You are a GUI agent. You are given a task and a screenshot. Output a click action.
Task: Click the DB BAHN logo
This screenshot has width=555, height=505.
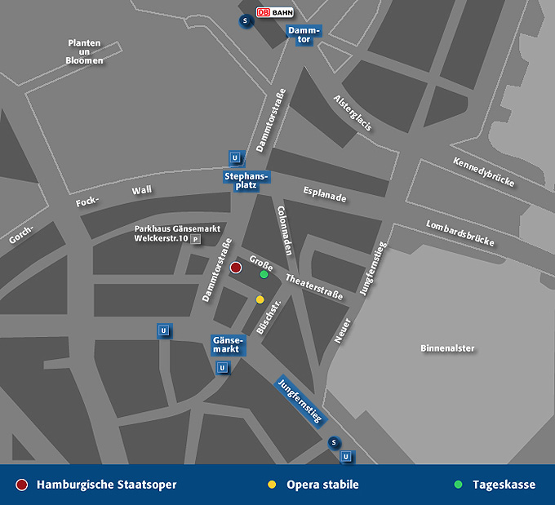[x=275, y=12]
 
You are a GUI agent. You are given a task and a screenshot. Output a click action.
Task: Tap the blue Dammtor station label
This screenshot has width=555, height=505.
[x=304, y=35]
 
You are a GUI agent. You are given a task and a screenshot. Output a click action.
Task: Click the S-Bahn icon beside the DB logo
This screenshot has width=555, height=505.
[x=244, y=21]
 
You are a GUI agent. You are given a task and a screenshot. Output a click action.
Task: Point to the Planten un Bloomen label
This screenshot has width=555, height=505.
[x=85, y=51]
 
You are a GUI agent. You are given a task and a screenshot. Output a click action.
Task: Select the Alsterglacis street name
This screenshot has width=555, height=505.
[x=353, y=113]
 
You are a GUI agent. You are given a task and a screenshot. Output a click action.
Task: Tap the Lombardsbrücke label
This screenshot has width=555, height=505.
[x=460, y=233]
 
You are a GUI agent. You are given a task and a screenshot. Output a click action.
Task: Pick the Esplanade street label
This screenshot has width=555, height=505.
[x=324, y=197]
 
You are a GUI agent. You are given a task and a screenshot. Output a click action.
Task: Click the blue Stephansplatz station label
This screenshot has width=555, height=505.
[x=246, y=180]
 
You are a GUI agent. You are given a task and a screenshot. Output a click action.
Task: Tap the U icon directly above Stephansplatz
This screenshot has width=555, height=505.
[x=235, y=158]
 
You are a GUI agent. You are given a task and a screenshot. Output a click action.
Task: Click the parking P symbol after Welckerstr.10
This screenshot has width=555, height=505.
[x=196, y=240]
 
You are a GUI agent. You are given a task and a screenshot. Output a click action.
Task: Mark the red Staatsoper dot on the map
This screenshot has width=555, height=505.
[x=236, y=268]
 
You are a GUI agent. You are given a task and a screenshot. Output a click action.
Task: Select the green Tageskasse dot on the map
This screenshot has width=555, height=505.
[x=264, y=275]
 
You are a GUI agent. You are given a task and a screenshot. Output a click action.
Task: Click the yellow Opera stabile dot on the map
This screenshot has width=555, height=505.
[x=260, y=299]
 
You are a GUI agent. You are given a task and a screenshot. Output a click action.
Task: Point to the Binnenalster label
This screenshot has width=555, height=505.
[x=447, y=348]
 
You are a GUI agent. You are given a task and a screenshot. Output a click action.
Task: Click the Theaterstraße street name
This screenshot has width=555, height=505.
[x=314, y=286]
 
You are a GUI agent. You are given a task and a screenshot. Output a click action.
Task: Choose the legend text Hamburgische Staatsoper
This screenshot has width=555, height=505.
[x=106, y=485]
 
